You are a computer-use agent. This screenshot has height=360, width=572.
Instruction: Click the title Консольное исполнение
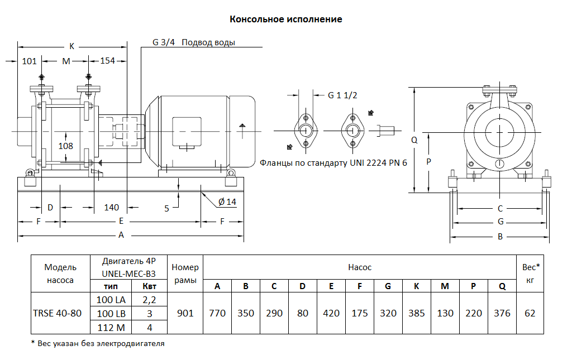click(286, 20)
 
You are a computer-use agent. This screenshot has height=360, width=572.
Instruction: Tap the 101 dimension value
click(29, 61)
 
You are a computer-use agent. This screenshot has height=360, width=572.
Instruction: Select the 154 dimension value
click(107, 61)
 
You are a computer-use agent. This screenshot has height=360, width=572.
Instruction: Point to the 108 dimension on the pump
click(66, 146)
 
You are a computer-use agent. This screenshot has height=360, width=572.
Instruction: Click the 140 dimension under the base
click(112, 208)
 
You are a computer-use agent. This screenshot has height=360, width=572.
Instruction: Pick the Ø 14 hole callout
click(227, 201)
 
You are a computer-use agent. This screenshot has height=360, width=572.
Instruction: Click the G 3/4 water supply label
click(193, 42)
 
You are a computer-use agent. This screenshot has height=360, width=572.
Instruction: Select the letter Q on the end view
click(414, 141)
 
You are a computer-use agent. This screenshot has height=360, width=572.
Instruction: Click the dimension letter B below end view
click(500, 237)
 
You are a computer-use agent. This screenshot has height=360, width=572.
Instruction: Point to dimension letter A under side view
click(121, 235)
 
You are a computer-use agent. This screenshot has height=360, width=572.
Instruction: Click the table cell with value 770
click(217, 313)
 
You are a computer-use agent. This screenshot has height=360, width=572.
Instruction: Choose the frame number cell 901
click(185, 313)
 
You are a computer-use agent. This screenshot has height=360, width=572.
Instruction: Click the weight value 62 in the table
click(530, 313)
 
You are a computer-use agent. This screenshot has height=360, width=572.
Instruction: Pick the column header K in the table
click(416, 286)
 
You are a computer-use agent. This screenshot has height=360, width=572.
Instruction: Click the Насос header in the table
click(359, 267)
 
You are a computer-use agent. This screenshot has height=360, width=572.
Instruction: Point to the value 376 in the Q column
click(502, 313)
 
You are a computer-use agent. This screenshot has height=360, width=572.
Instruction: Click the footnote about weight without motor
click(98, 343)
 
